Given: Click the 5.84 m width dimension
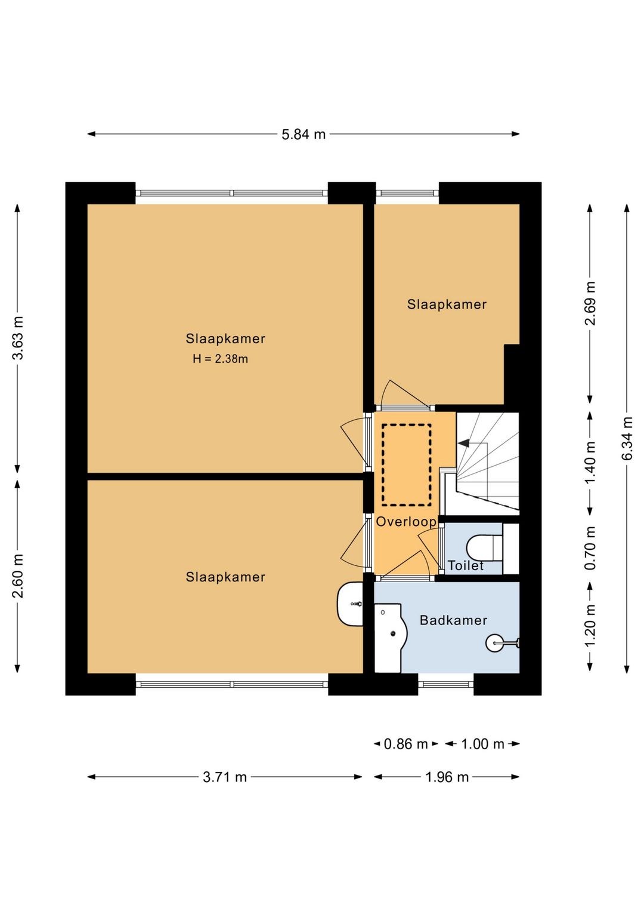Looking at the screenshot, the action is pyautogui.click(x=304, y=134).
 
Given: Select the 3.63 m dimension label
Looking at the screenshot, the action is pyautogui.click(x=17, y=338).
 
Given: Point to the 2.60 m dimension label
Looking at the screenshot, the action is pyautogui.click(x=17, y=576).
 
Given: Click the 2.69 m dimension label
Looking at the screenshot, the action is pyautogui.click(x=590, y=303).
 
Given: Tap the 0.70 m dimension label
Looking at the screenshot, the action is pyautogui.click(x=590, y=548).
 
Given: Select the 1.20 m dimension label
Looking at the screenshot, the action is pyautogui.click(x=590, y=626).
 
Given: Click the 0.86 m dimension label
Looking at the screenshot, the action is pyautogui.click(x=406, y=744).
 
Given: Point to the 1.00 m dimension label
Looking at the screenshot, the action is pyautogui.click(x=482, y=744).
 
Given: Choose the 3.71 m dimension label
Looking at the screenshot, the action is pyautogui.click(x=225, y=777).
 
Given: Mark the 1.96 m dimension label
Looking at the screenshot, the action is pyautogui.click(x=447, y=777).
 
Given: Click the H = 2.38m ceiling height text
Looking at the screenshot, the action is pyautogui.click(x=220, y=359).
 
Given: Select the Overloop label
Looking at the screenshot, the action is pyautogui.click(x=406, y=522).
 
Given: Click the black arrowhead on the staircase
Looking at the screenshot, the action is pyautogui.click(x=463, y=443).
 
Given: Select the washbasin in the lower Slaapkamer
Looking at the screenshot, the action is pyautogui.click(x=350, y=604).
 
